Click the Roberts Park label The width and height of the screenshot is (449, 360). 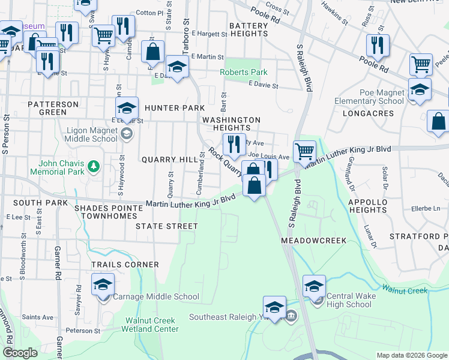(243, 73)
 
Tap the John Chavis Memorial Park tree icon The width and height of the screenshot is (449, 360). (93, 166)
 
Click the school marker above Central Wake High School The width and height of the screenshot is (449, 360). (314, 286)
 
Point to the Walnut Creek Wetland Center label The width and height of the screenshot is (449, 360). (149, 325)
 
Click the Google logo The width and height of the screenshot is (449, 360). (20, 352)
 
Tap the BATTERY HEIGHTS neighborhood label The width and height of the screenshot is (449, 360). (248, 30)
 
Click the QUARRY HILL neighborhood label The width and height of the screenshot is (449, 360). (169, 160)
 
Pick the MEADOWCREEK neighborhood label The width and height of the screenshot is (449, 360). (314, 240)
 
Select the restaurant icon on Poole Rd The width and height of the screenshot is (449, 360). (378, 44)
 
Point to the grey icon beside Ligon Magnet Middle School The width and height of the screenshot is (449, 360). (126, 134)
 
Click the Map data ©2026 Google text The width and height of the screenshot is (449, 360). (411, 355)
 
